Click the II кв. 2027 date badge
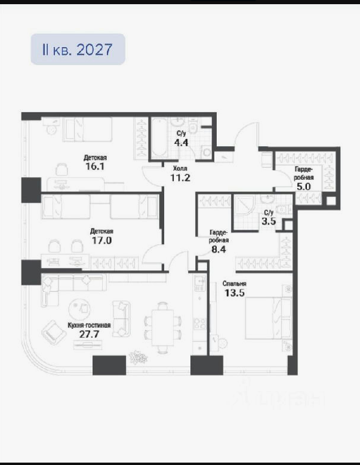click(78, 49)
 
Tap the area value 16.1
click(95, 166)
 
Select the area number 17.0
click(101, 240)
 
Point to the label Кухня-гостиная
click(89, 325)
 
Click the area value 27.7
click(89, 334)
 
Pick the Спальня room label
click(234, 284)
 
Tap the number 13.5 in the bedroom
click(234, 293)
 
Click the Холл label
click(180, 168)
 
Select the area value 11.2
click(180, 178)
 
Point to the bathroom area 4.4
click(181, 143)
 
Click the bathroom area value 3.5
click(269, 221)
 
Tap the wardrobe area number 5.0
click(304, 186)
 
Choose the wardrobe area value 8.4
click(219, 249)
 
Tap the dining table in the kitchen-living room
click(162, 328)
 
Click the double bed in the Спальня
click(268, 318)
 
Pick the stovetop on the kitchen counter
click(199, 323)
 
